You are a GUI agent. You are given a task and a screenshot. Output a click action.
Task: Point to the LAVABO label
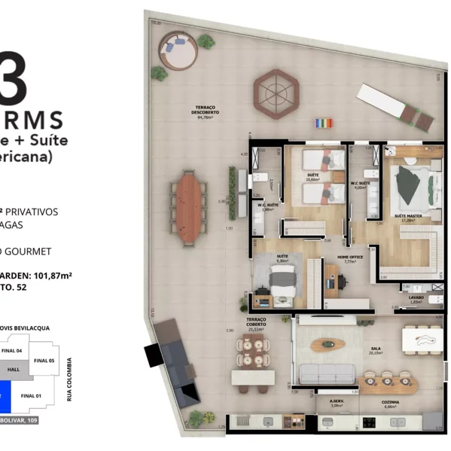[416, 299]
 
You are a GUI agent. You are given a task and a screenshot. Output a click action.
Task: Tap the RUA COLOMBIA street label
[70, 379]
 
